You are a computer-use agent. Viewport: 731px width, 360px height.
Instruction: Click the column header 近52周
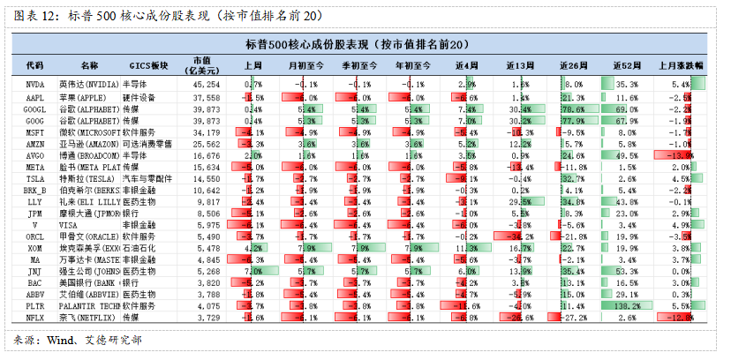[626, 66]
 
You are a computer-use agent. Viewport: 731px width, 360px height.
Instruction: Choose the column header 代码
[34, 66]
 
